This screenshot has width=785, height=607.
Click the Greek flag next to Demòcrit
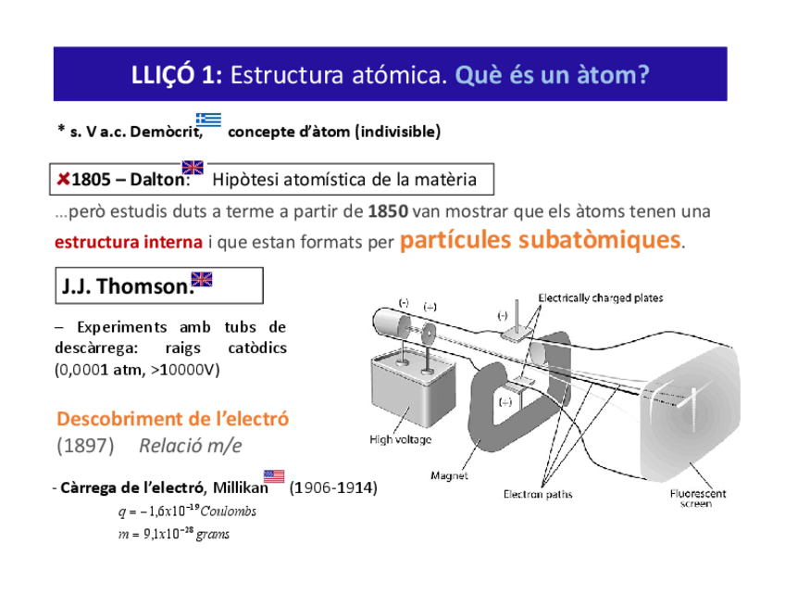click(x=208, y=120)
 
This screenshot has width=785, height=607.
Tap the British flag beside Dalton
click(x=193, y=168)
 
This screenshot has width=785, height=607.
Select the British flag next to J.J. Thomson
click(x=201, y=279)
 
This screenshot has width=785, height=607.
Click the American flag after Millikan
click(x=274, y=476)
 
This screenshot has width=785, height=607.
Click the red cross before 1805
click(x=63, y=178)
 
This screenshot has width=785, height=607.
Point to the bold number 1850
click(x=387, y=210)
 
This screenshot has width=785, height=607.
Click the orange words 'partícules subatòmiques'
click(x=541, y=240)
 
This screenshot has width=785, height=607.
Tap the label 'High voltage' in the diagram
click(x=400, y=439)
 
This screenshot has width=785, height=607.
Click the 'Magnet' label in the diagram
click(x=449, y=476)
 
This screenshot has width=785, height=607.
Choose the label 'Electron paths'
click(x=537, y=495)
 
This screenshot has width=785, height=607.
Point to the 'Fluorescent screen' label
click(x=698, y=499)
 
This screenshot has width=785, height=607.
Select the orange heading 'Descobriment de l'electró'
click(x=173, y=419)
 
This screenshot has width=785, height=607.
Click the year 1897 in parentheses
click(x=85, y=446)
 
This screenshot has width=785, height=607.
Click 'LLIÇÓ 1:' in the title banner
click(x=177, y=75)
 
